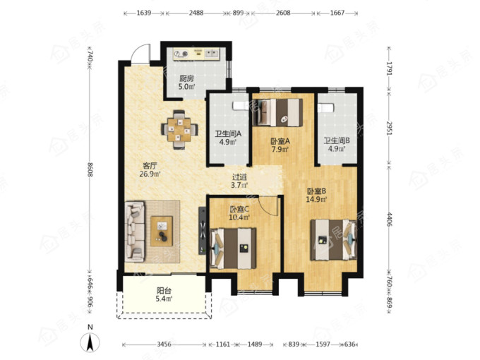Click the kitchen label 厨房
(x=186, y=78)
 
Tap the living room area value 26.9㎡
(x=150, y=174)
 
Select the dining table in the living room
(x=179, y=130)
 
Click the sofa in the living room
(x=134, y=231)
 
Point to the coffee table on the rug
(x=162, y=231)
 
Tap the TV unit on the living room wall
(x=203, y=231)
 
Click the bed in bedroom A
(x=278, y=112)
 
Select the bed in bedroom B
(x=334, y=240)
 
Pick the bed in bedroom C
(x=233, y=248)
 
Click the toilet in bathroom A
(x=240, y=106)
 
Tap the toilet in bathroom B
(x=325, y=108)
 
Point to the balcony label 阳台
(x=164, y=290)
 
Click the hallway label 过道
(x=239, y=177)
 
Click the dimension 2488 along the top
(x=196, y=13)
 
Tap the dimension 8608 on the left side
(x=90, y=169)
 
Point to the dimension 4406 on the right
(x=389, y=220)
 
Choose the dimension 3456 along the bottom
(x=164, y=344)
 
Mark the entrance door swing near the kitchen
(x=140, y=53)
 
